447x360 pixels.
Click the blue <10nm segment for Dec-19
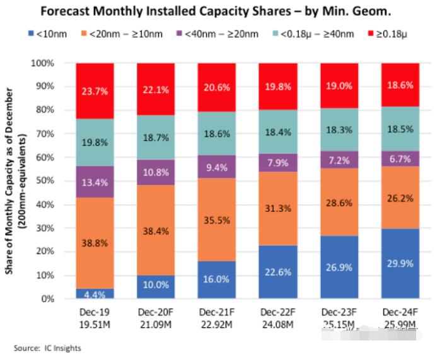pyautogui.click(x=95, y=293)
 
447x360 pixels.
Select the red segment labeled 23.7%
pyautogui.click(x=95, y=91)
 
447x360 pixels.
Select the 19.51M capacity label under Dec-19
pyautogui.click(x=95, y=323)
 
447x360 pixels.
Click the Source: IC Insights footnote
pyautogui.click(x=47, y=348)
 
